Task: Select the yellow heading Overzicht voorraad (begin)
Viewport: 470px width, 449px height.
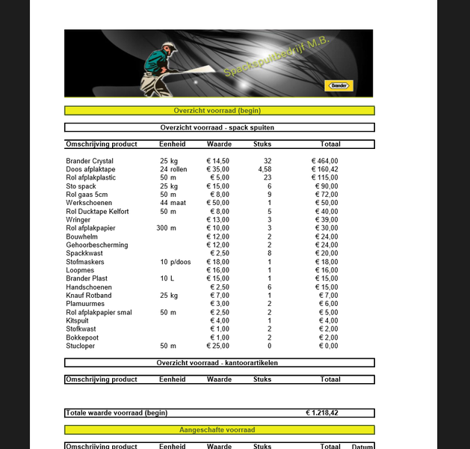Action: pyautogui.click(x=217, y=110)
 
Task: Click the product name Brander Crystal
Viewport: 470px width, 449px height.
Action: pyautogui.click(x=90, y=161)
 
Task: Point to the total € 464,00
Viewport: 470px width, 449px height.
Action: pyautogui.click(x=325, y=161)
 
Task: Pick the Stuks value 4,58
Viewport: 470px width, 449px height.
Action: pyautogui.click(x=265, y=169)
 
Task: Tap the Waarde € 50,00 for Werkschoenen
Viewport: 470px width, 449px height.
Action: pyautogui.click(x=218, y=203)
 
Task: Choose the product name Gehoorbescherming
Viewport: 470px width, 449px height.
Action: pyautogui.click(x=96, y=245)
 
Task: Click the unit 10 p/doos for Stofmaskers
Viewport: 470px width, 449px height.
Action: pyautogui.click(x=176, y=262)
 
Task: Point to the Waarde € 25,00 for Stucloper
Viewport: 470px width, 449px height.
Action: pyautogui.click(x=218, y=346)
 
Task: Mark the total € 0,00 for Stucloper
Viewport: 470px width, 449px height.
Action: pyautogui.click(x=328, y=346)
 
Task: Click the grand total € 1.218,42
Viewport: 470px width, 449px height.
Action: pyautogui.click(x=322, y=412)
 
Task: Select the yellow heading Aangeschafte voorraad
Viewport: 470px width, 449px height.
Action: pyautogui.click(x=217, y=430)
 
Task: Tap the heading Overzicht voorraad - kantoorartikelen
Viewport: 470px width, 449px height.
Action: pyautogui.click(x=217, y=363)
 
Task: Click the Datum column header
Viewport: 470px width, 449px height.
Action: pyautogui.click(x=363, y=447)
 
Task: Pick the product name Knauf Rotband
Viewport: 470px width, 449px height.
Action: pyautogui.click(x=88, y=296)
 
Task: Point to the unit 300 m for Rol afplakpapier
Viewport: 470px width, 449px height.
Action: pyautogui.click(x=167, y=228)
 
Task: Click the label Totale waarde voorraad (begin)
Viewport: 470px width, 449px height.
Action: pyautogui.click(x=117, y=412)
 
